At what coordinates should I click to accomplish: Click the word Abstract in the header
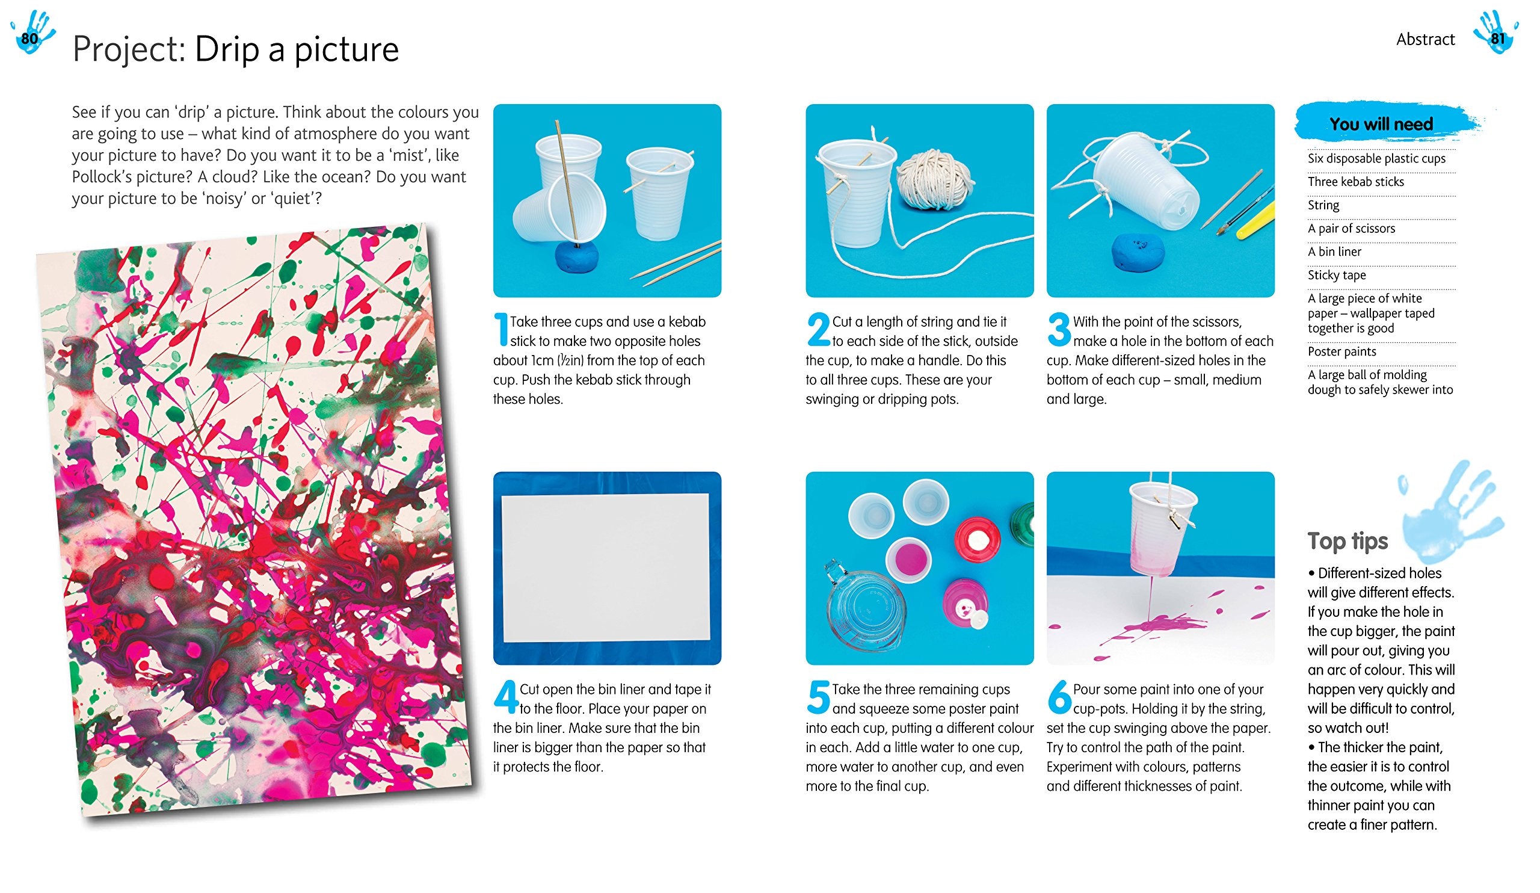click(x=1425, y=40)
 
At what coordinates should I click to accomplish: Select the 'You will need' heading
click(x=1381, y=124)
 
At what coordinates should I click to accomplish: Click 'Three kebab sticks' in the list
click(x=1355, y=182)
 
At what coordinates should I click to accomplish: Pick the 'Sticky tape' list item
click(x=1336, y=275)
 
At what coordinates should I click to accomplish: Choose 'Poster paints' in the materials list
click(x=1341, y=351)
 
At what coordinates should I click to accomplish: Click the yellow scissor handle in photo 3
click(x=1256, y=222)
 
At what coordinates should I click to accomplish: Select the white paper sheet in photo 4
click(x=606, y=568)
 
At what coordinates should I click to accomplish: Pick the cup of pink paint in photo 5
click(x=909, y=558)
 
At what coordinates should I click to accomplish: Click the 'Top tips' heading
click(x=1347, y=542)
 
